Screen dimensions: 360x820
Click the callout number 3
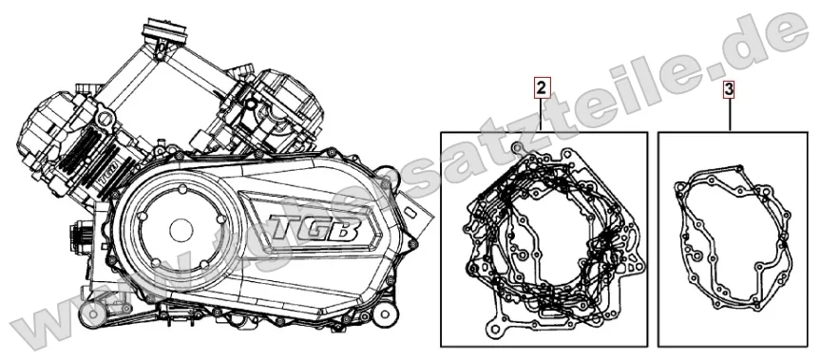tap(729, 90)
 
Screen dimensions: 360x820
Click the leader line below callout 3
tap(729, 115)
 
